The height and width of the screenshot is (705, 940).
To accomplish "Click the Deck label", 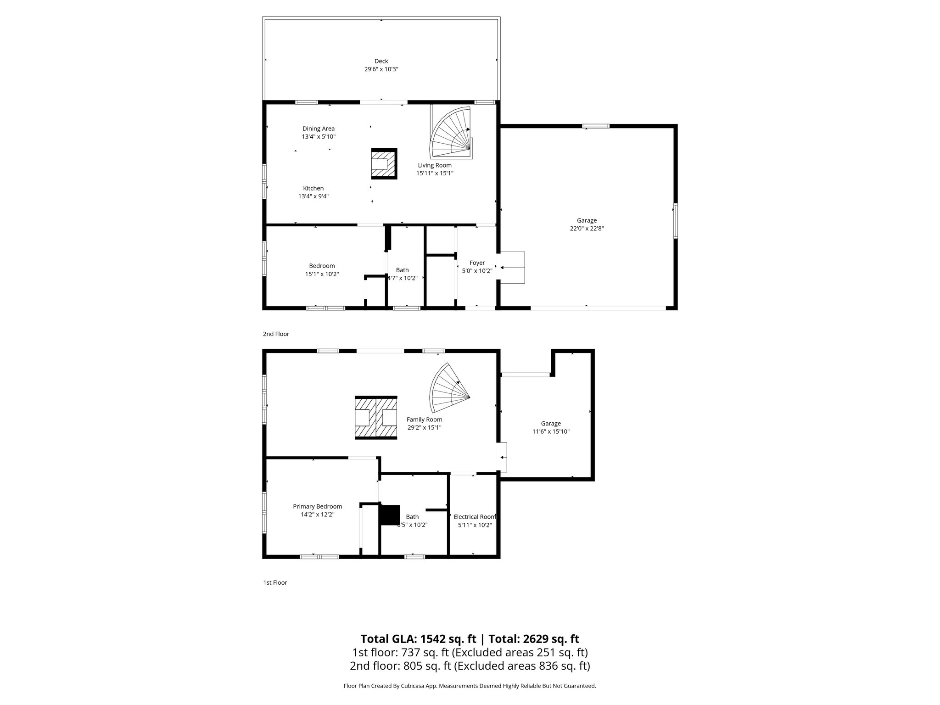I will click(381, 61).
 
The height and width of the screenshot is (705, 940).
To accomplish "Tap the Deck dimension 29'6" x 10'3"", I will click(381, 69).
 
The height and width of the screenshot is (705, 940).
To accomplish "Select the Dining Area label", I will click(318, 129).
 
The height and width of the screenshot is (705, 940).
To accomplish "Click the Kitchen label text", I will click(313, 188).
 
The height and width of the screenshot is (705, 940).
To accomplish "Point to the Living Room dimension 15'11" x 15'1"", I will click(434, 173).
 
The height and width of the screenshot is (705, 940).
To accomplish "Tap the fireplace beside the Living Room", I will click(384, 163).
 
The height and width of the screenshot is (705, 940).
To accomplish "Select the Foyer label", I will click(477, 263).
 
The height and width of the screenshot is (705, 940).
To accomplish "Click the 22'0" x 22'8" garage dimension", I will click(587, 229).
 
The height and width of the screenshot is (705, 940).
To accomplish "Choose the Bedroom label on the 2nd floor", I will click(322, 266).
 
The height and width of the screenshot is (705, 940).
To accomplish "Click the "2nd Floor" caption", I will click(276, 334).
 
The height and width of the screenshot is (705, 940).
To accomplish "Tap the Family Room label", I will click(424, 420).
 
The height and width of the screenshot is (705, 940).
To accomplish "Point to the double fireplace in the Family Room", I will click(376, 418).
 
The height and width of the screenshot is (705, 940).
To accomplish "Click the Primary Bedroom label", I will click(317, 507).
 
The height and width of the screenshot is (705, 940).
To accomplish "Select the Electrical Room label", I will click(475, 517).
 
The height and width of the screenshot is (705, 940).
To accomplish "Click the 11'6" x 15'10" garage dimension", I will click(551, 432).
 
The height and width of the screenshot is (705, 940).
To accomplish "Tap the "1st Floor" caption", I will click(275, 583).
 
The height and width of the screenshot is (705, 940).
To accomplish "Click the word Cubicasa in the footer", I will click(420, 686).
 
